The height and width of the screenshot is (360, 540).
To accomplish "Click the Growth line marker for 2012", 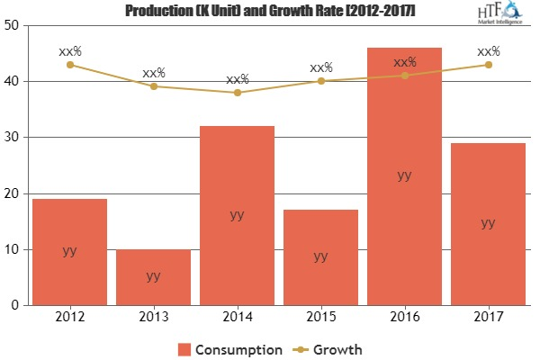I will (70, 65).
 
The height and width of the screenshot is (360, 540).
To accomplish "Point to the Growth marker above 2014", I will (238, 93).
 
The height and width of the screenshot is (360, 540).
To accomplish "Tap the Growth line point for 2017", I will (488, 65).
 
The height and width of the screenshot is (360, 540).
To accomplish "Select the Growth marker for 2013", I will (154, 86).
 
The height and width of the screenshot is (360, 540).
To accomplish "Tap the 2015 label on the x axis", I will (321, 317).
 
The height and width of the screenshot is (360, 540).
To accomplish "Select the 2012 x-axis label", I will (70, 317).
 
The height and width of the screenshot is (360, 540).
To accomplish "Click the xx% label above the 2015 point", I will (321, 67).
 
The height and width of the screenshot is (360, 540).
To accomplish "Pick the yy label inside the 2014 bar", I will (238, 215).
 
